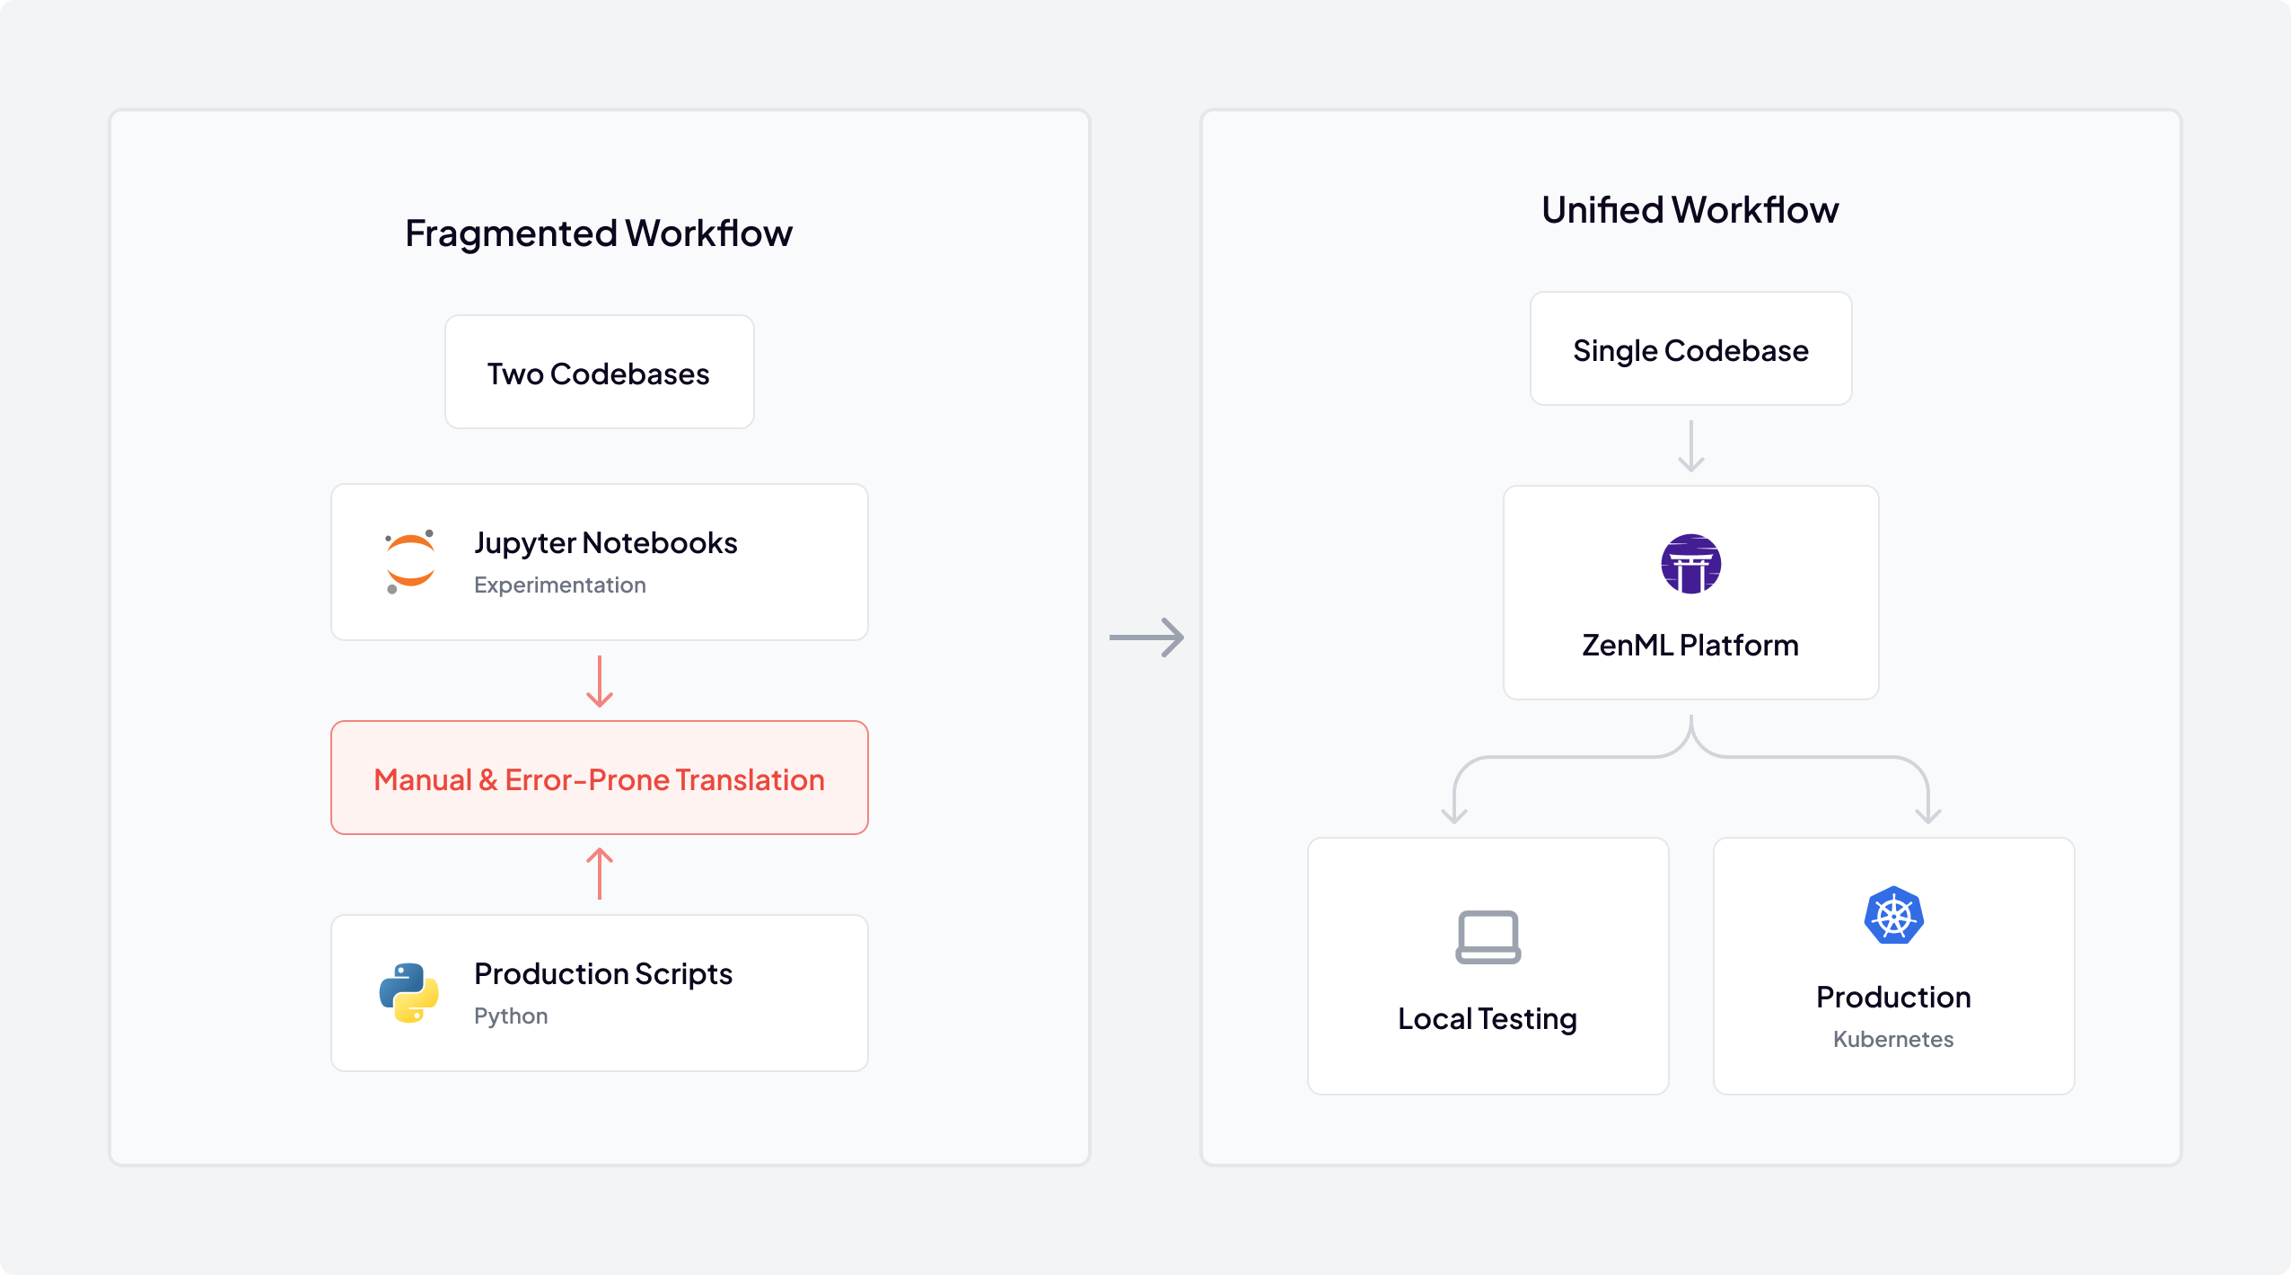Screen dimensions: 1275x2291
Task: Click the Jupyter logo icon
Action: (x=410, y=562)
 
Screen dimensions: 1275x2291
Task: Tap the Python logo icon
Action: (x=408, y=993)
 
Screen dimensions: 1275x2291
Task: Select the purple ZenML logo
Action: (x=1690, y=564)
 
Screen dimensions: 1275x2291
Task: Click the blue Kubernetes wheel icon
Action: (x=1893, y=916)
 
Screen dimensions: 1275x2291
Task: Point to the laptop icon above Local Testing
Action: (x=1488, y=936)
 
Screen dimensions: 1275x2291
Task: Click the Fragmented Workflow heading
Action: (x=599, y=233)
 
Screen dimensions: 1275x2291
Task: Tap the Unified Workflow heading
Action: (x=1690, y=210)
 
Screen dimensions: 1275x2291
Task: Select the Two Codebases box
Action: (x=599, y=373)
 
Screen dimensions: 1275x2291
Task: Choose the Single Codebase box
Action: (x=1690, y=349)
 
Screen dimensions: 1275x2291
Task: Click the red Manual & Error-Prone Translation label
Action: (x=599, y=779)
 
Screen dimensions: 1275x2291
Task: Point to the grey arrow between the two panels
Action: (x=1146, y=637)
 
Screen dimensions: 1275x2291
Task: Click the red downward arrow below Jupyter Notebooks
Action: (x=600, y=681)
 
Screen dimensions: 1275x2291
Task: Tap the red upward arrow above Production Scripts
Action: (x=600, y=874)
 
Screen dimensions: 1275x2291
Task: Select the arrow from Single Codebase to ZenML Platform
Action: (x=1691, y=446)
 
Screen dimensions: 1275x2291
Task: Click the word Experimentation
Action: (x=560, y=585)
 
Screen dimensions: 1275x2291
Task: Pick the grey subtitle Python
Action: (x=511, y=1016)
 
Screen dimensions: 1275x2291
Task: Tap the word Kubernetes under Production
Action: (x=1893, y=1040)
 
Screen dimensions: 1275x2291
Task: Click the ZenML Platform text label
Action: (x=1690, y=646)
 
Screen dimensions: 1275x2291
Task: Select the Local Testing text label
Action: (x=1488, y=1019)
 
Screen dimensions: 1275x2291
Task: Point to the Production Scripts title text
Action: (x=603, y=974)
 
